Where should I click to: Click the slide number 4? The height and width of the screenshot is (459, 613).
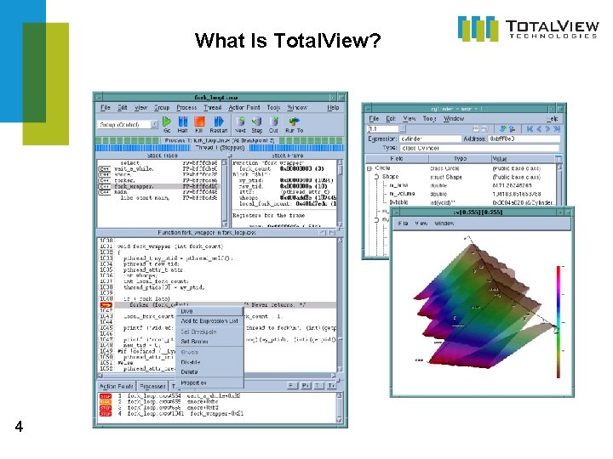[19, 429]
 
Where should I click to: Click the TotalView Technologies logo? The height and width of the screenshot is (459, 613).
[528, 28]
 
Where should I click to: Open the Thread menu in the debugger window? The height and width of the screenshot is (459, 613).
[213, 108]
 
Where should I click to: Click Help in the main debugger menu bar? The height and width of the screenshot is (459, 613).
[333, 108]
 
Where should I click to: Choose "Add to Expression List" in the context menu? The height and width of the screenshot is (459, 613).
[209, 321]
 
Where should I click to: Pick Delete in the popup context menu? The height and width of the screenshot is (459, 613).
[189, 371]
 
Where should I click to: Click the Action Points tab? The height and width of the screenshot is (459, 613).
[115, 387]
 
